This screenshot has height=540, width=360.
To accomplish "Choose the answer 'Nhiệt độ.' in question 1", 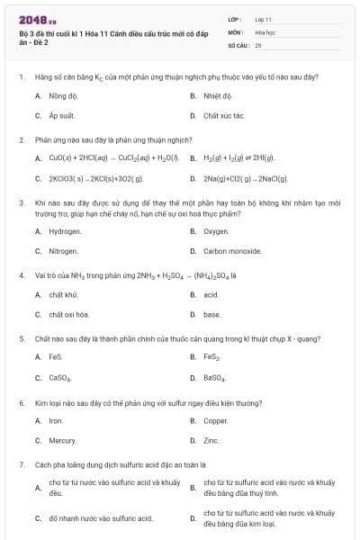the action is point(219,95).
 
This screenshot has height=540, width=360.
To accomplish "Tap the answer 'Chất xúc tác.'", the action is point(224,116).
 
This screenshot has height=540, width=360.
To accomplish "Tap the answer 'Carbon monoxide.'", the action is point(230,252).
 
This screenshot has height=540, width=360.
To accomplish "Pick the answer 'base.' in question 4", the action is point(212,315).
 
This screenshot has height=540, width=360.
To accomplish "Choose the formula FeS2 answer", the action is point(212,357).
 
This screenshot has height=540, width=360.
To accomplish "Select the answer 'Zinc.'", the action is point(211,441).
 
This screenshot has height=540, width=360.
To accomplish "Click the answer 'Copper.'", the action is point(216,420).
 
